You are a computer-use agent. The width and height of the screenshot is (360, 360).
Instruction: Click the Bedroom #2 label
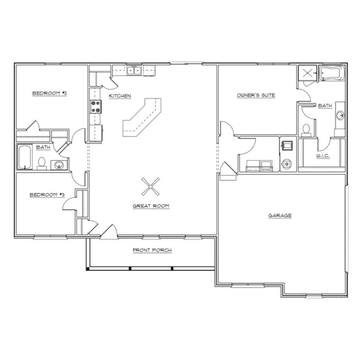click(49, 93)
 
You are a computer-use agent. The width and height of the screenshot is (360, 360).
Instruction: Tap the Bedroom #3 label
click(47, 195)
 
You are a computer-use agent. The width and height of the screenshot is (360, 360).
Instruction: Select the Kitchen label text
click(120, 95)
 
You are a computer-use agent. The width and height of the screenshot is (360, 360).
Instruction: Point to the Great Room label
click(151, 206)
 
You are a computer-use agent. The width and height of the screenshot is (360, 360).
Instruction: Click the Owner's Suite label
click(256, 95)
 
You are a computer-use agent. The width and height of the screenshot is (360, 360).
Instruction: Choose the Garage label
click(280, 215)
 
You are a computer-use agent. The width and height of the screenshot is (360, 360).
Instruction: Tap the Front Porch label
click(152, 250)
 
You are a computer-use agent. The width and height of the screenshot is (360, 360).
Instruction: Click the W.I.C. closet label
click(323, 156)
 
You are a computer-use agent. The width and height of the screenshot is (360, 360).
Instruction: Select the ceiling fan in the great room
click(150, 187)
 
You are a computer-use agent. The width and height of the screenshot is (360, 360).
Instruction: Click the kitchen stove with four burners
click(95, 107)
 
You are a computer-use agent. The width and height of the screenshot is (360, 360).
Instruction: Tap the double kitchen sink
click(134, 70)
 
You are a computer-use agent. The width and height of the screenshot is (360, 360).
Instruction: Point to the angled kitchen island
click(142, 117)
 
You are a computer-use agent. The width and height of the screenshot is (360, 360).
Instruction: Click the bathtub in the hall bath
click(25, 157)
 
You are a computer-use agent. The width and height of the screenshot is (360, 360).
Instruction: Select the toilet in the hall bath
click(42, 164)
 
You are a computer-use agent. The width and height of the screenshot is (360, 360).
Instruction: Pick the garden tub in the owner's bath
click(331, 73)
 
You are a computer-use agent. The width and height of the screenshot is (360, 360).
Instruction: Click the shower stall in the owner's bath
click(307, 73)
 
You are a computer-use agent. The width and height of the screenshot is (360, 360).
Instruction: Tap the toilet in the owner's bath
click(306, 131)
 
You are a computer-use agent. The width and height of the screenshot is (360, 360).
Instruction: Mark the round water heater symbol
click(287, 164)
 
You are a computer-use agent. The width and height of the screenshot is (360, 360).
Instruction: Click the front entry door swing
click(110, 232)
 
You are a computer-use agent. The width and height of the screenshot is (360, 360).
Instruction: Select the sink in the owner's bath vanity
click(340, 115)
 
